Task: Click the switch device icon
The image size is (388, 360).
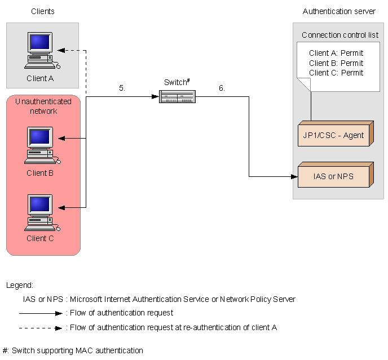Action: (177, 97)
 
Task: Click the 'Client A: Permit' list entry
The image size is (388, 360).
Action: (336, 54)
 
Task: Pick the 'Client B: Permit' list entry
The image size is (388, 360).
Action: (336, 63)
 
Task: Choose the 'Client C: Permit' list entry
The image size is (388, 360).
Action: (336, 73)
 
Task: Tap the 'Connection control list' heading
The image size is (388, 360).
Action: (340, 35)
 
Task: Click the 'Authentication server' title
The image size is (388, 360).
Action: (339, 11)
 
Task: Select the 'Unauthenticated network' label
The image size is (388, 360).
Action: (43, 106)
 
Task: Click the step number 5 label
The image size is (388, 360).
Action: (122, 88)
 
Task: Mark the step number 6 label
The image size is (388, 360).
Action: (222, 88)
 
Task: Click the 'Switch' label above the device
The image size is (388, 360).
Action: (176, 82)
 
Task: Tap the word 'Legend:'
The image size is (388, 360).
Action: (20, 285)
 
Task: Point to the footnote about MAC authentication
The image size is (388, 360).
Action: (73, 350)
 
